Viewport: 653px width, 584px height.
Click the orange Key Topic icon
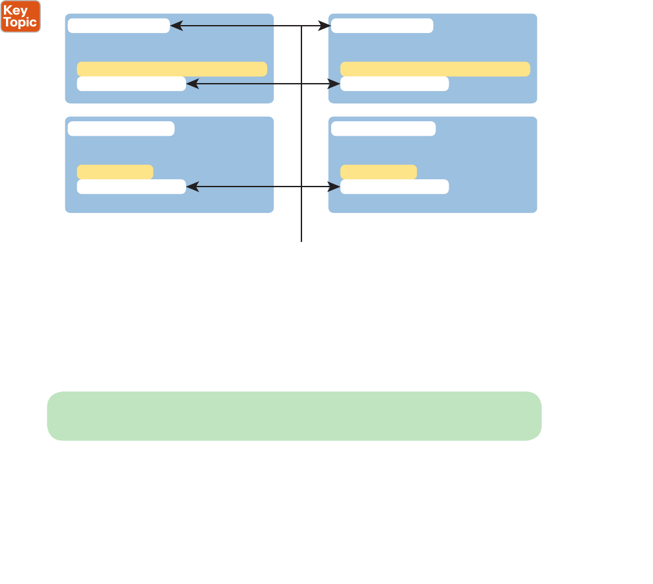(x=20, y=16)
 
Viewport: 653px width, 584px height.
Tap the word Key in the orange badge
(x=16, y=11)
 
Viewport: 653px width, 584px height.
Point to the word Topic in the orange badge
(x=20, y=22)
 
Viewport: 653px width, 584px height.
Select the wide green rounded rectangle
(x=294, y=416)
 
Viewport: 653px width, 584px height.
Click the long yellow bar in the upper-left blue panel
(x=172, y=69)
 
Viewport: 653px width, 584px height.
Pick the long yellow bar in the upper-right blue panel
(x=435, y=69)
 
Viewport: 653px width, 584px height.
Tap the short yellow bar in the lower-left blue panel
(x=115, y=172)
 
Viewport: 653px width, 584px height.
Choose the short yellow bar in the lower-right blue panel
(x=379, y=172)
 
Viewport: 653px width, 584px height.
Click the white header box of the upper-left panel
(x=119, y=26)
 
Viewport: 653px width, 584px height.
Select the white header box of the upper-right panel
(x=383, y=26)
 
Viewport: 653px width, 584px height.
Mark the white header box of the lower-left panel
(x=121, y=129)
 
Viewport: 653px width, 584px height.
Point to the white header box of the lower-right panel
(x=383, y=129)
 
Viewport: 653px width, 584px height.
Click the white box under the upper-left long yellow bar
(x=131, y=84)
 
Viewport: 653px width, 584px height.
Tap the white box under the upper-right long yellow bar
(x=394, y=84)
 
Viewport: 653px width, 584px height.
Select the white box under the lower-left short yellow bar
(x=131, y=187)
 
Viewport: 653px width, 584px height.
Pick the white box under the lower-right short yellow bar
(x=394, y=187)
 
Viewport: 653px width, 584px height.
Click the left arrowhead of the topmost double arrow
(x=175, y=26)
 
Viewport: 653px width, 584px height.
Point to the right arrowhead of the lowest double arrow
(x=336, y=187)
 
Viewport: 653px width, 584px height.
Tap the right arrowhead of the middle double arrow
(x=336, y=84)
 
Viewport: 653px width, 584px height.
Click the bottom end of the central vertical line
(x=301, y=241)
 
